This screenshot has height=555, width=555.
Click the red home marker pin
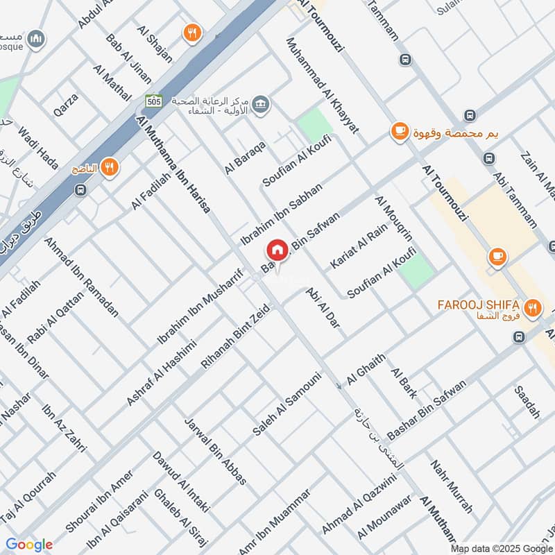click(277, 250)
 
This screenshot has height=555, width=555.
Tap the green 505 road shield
click(154, 101)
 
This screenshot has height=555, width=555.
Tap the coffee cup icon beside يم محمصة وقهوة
click(399, 131)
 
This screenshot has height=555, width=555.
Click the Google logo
click(29, 545)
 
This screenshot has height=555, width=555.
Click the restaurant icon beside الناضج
click(109, 167)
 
